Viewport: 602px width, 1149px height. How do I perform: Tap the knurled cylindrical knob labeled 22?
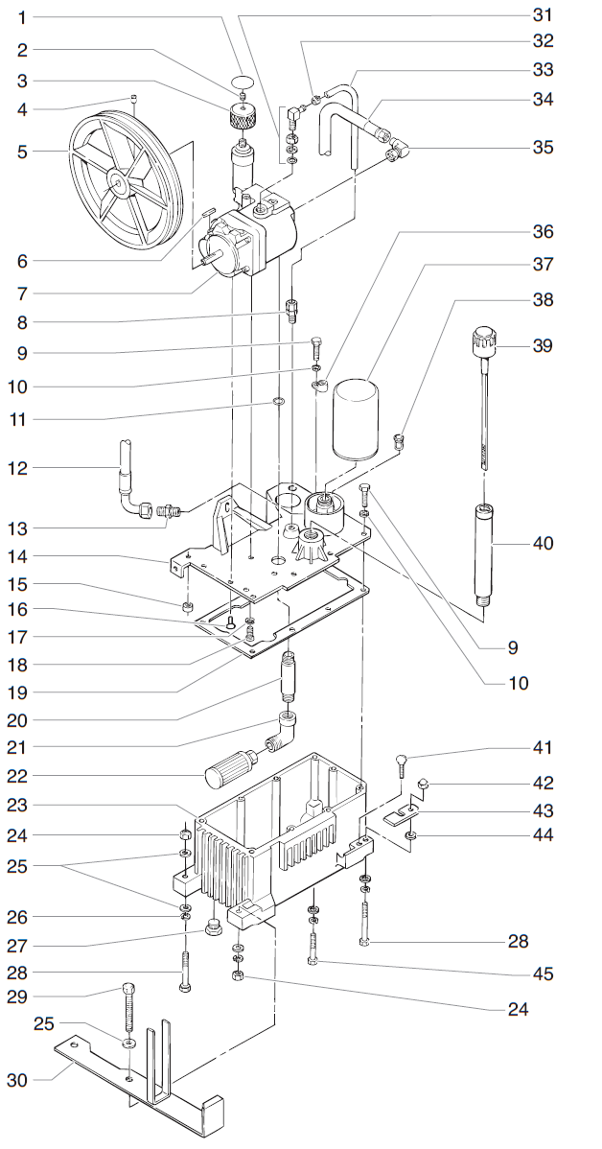point(231,768)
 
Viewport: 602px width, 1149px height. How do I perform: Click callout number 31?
point(544,14)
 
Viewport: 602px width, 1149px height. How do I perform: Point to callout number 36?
point(544,232)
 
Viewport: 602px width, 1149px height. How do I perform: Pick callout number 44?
point(544,834)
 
